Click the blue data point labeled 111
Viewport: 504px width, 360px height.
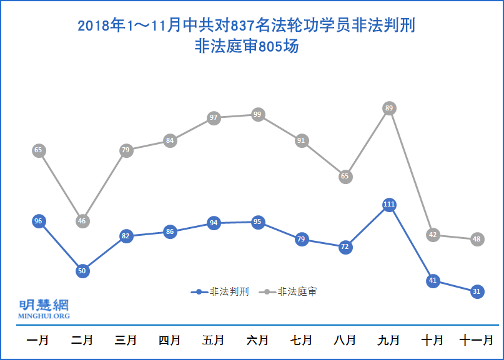(x=389, y=205)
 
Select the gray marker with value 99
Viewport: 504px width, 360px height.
(x=257, y=115)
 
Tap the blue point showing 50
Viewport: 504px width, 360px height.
(x=82, y=271)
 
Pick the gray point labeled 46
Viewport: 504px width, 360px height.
(x=82, y=221)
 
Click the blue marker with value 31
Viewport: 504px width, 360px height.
(x=477, y=291)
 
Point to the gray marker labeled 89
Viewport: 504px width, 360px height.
(x=389, y=109)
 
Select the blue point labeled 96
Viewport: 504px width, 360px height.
(x=39, y=221)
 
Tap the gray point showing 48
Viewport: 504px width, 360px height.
(x=477, y=239)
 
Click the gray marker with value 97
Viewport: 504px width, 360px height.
(x=214, y=118)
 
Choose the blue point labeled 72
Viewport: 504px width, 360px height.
(x=345, y=247)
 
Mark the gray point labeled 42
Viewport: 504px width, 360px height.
(x=433, y=235)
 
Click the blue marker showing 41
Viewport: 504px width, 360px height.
(x=433, y=281)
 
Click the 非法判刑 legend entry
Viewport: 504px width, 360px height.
(x=222, y=291)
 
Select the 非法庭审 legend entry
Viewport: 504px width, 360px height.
(x=290, y=291)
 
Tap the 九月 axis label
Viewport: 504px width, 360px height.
(x=388, y=341)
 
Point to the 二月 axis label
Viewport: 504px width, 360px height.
(x=82, y=341)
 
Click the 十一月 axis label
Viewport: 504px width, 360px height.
(x=477, y=341)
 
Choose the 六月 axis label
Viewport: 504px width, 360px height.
(x=257, y=341)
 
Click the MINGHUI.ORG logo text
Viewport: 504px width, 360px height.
(x=44, y=316)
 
